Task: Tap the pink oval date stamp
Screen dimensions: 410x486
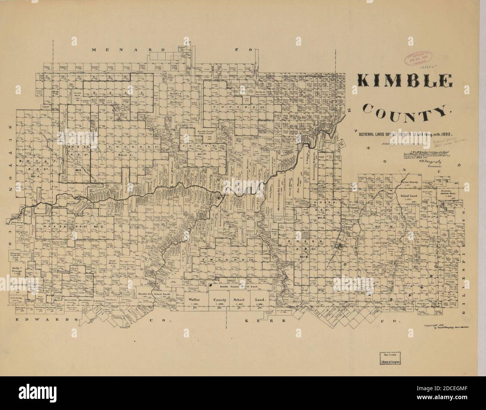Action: tap(419, 59)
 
